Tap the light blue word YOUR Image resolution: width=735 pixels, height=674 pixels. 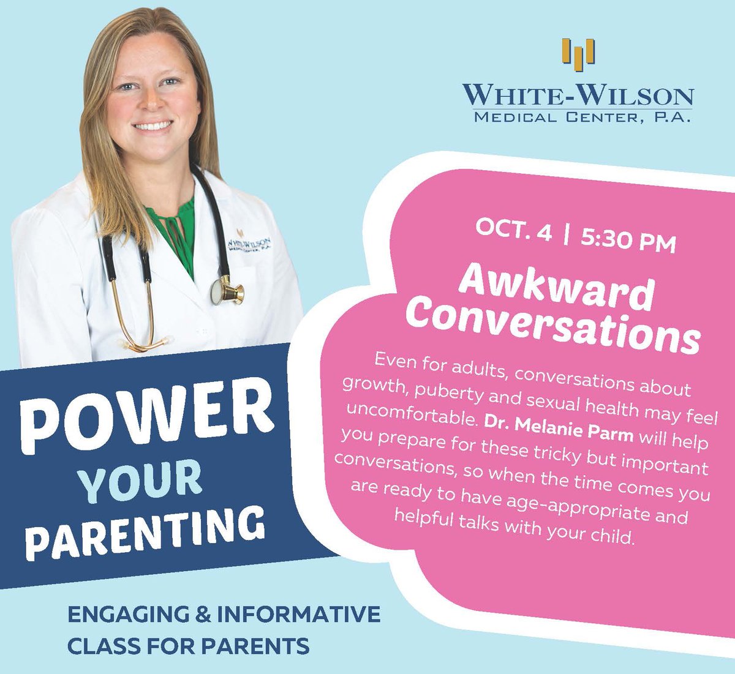[x=141, y=477]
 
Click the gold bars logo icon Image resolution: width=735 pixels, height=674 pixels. [x=578, y=52]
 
